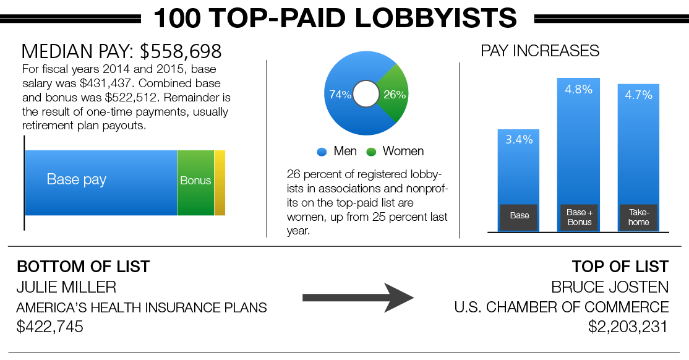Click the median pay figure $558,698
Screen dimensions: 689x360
tap(181, 51)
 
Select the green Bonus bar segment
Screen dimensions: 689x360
tap(195, 183)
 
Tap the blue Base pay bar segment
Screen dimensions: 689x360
tap(101, 183)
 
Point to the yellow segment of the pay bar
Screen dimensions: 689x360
tap(220, 183)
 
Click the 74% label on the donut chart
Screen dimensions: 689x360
tap(340, 95)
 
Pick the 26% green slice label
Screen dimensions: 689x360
tap(395, 95)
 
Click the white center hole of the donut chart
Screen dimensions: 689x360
tap(366, 93)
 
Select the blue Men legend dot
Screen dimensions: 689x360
tap(322, 152)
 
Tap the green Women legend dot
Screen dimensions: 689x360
tap(371, 152)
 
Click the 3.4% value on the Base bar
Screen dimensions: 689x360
tap(519, 140)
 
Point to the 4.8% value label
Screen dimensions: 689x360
tap(579, 90)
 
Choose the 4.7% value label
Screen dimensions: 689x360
tap(638, 95)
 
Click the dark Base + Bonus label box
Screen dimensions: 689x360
tap(580, 217)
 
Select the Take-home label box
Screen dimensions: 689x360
tap(638, 217)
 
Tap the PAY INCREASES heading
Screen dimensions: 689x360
tap(540, 51)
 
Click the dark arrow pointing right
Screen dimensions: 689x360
tap(357, 298)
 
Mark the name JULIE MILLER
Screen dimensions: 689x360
tap(66, 288)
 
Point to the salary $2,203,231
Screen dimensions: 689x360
tap(628, 327)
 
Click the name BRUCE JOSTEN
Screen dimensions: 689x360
tap(610, 288)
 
